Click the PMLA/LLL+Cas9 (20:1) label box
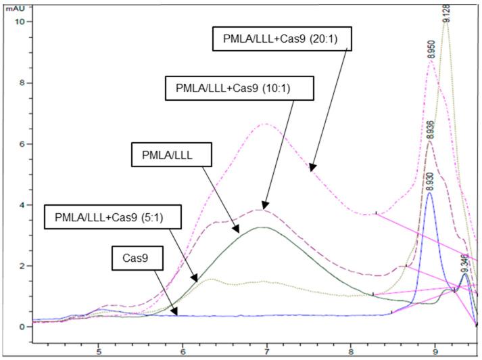click(282, 39)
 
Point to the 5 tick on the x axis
click(99, 352)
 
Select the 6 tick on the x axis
click(183, 352)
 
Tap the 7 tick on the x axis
click(267, 352)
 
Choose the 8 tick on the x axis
click(351, 352)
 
